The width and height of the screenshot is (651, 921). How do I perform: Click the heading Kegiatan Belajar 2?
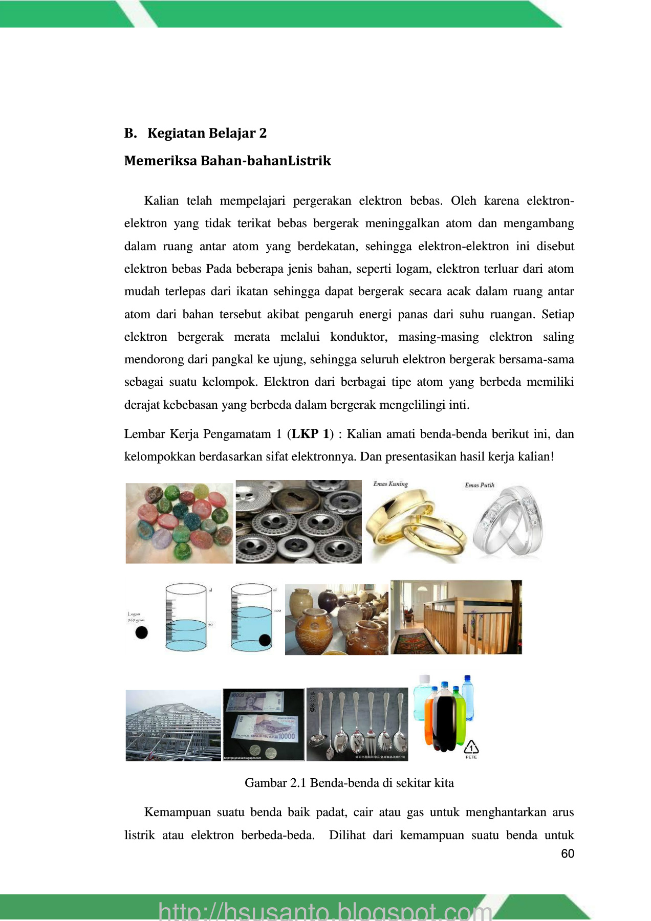(x=207, y=134)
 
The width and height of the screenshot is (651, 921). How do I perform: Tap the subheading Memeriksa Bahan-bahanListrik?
(x=227, y=161)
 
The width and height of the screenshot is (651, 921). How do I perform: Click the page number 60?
(x=568, y=853)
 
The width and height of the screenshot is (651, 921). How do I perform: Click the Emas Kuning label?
(x=390, y=484)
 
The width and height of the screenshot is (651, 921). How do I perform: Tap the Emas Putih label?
(x=480, y=485)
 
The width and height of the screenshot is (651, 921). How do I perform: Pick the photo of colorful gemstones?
(x=179, y=523)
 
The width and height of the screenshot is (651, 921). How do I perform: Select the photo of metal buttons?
(x=298, y=522)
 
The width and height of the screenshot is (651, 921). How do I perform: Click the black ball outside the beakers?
(x=141, y=632)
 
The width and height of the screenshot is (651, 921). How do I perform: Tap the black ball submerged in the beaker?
(x=265, y=640)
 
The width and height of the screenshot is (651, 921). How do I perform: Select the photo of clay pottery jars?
(x=336, y=620)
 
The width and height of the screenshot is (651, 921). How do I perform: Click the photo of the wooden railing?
(x=456, y=618)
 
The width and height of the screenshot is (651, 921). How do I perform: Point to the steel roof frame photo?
(x=173, y=725)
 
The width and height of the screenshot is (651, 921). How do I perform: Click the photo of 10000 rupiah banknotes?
(x=264, y=725)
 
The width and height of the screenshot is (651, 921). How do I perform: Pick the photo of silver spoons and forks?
(x=357, y=725)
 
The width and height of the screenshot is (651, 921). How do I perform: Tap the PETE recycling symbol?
(x=471, y=748)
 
